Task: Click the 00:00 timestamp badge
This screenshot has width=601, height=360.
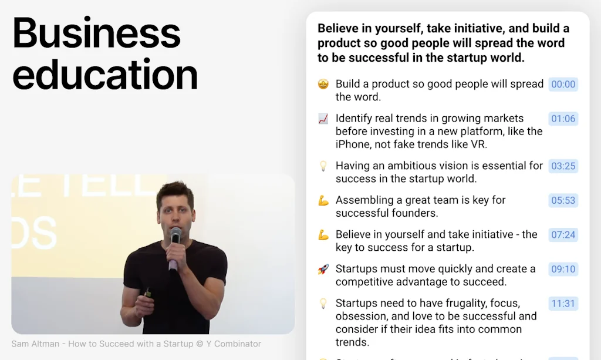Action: coord(563,84)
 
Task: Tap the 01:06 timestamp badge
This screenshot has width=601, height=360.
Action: coord(563,119)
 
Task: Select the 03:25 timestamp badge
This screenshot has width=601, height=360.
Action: coord(563,166)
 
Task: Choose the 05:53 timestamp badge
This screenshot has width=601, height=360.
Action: coord(563,200)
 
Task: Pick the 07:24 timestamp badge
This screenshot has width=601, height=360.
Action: coord(563,235)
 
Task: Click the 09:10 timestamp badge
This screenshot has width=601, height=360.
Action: coord(563,269)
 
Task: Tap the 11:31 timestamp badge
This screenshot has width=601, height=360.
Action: coord(563,304)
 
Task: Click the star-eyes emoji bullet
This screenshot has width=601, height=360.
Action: coord(323,84)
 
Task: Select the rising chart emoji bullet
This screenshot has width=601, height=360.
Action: coord(323,119)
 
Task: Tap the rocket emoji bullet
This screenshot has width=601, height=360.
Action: coord(323,269)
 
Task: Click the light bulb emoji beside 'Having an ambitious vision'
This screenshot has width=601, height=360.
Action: coord(323,166)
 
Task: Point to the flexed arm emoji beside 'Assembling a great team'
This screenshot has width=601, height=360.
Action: coord(323,200)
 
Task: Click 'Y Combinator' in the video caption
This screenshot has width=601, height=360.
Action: coord(232,344)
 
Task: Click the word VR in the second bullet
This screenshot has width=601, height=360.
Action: coord(478,144)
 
